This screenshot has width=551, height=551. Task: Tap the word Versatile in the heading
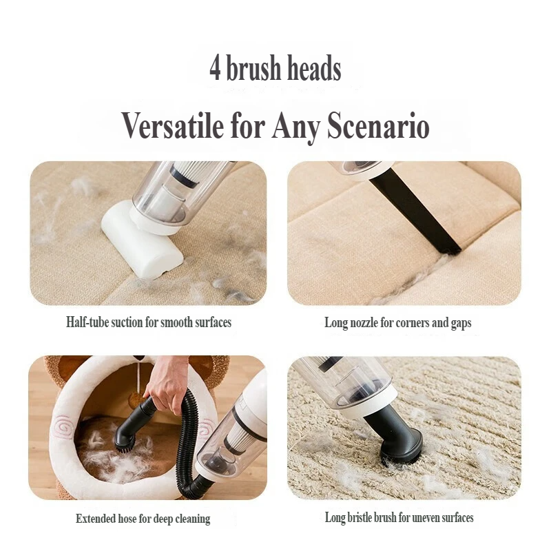point(173,126)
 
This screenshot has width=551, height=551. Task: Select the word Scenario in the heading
point(378,126)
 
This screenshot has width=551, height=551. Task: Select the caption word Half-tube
point(87,322)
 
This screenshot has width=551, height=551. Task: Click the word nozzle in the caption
point(365,322)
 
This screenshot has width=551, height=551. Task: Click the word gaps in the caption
point(461,324)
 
